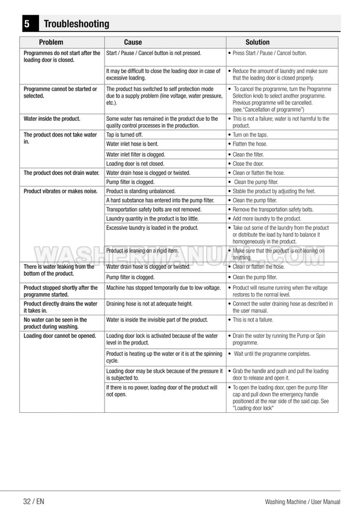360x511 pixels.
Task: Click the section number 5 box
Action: pyautogui.click(x=27, y=24)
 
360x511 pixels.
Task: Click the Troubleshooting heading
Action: pyautogui.click(x=76, y=24)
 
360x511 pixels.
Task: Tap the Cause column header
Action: pyautogui.click(x=133, y=42)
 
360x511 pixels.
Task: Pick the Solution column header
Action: pyautogui.click(x=257, y=42)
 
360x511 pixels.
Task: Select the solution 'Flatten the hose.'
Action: pyautogui.click(x=250, y=143)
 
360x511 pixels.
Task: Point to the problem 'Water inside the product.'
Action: pyautogui.click(x=52, y=118)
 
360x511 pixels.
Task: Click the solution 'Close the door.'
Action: pyautogui.click(x=248, y=164)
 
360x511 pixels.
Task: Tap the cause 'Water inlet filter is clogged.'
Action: pyautogui.click(x=136, y=154)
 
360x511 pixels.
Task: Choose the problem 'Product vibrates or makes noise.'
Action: pyautogui.click(x=59, y=191)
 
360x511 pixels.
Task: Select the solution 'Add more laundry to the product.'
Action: pyautogui.click(x=267, y=218)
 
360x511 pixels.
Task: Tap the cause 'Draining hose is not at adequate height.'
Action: pyautogui.click(x=149, y=304)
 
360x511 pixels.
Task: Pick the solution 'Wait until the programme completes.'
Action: pyautogui.click(x=272, y=354)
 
